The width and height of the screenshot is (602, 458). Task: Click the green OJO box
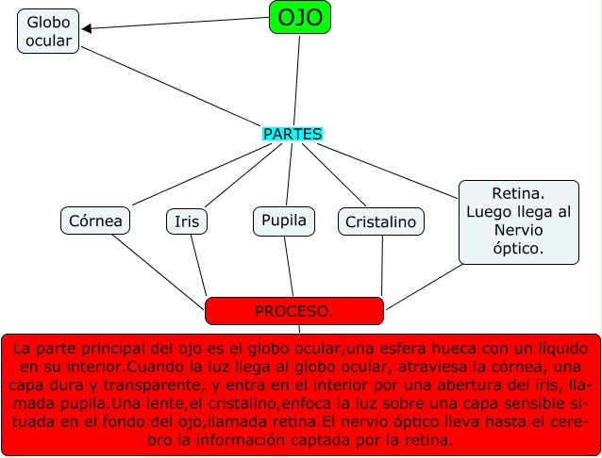click(x=300, y=17)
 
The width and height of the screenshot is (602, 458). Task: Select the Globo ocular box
click(x=48, y=30)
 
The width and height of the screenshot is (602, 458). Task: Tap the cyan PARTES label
click(x=293, y=134)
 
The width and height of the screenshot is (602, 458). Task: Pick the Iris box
click(x=187, y=221)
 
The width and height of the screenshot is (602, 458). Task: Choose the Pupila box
click(x=283, y=221)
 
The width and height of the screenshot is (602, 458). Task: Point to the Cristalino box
click(x=380, y=221)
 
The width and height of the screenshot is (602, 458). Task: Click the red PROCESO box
click(x=293, y=310)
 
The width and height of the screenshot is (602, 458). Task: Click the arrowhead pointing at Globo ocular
click(x=88, y=28)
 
